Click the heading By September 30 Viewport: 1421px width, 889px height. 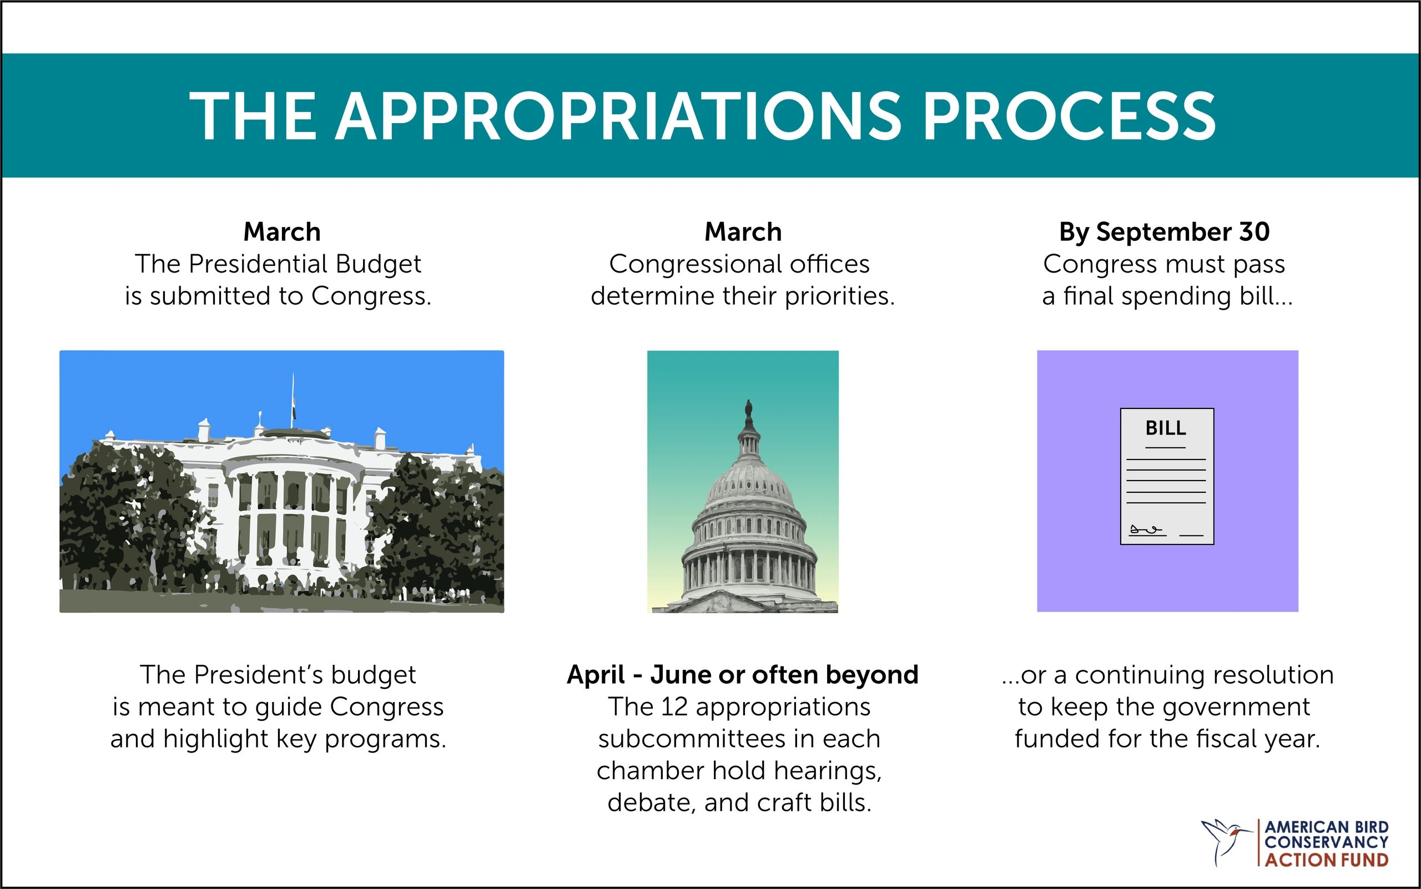pyautogui.click(x=1164, y=231)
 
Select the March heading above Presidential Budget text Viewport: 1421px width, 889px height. pyautogui.click(x=282, y=231)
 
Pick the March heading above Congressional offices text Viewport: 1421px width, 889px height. pyautogui.click(x=743, y=231)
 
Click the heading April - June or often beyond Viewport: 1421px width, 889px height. pyautogui.click(x=742, y=674)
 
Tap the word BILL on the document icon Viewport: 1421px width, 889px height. pyautogui.click(x=1166, y=428)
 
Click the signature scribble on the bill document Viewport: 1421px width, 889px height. pyautogui.click(x=1146, y=531)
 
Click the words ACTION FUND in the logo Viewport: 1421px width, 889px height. pyautogui.click(x=1326, y=860)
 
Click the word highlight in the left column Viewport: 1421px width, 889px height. pyautogui.click(x=216, y=739)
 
